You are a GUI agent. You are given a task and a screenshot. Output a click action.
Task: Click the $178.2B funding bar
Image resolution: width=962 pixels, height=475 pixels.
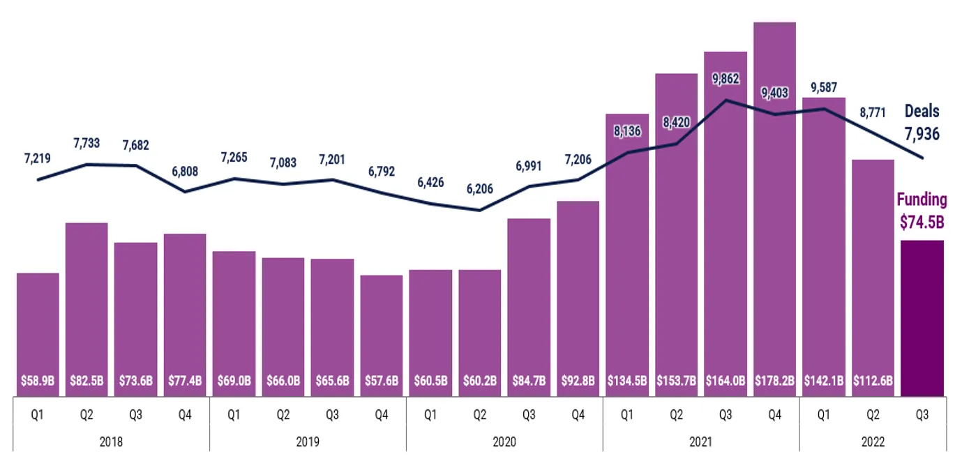tap(774, 209)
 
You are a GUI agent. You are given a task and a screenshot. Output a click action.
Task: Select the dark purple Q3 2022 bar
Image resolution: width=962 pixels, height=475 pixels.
tap(922, 318)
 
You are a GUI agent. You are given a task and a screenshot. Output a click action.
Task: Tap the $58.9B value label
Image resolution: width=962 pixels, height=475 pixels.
tap(38, 382)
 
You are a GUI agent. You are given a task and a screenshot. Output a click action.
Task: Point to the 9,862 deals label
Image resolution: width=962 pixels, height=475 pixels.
tap(726, 79)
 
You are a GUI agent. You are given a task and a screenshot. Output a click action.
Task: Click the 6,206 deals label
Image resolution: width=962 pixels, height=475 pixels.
tap(479, 188)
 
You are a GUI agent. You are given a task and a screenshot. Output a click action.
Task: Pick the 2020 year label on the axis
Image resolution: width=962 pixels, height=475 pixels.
tap(504, 442)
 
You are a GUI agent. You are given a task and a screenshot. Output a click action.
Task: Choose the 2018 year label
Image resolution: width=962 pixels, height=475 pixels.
tap(111, 442)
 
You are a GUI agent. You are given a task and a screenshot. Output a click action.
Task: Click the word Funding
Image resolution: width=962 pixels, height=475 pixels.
tap(922, 200)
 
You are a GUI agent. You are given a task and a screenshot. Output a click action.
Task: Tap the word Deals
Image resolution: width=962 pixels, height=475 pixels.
tap(922, 111)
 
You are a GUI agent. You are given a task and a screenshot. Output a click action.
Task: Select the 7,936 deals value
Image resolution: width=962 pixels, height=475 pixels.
tap(922, 133)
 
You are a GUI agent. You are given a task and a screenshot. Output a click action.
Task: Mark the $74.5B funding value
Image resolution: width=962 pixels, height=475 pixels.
tap(922, 223)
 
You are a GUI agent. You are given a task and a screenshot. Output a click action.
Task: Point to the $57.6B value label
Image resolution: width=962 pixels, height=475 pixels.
tap(382, 382)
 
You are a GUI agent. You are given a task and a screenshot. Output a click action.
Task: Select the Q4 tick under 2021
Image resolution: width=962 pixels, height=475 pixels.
tap(774, 415)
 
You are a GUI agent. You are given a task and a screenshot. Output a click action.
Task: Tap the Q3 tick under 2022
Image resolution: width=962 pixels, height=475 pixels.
tap(922, 415)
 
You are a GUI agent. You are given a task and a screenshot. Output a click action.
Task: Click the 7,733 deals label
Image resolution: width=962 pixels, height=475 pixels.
tap(87, 143)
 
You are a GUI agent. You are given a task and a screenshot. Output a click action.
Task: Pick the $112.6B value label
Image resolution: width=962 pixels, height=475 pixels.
tap(873, 382)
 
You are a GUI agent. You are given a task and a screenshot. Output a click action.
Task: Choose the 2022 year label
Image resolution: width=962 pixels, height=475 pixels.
tap(873, 442)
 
